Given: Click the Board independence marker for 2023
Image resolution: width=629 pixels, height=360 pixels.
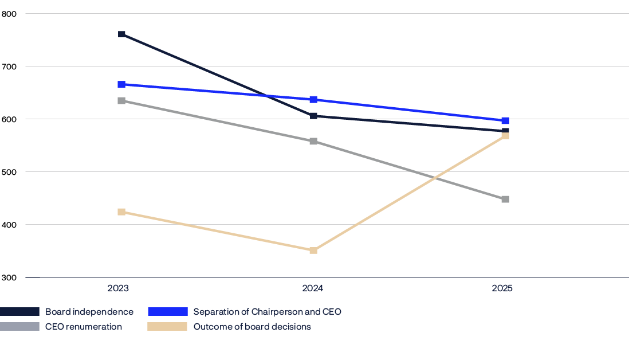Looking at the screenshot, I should pos(121,34).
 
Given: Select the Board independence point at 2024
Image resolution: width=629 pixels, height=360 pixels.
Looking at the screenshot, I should pos(313,116).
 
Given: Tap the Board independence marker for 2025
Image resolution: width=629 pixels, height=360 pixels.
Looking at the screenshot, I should pos(505,131).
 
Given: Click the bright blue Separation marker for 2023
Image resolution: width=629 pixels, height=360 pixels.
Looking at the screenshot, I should pos(121,84).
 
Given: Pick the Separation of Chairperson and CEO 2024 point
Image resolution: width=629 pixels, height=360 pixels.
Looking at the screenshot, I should pos(313,100).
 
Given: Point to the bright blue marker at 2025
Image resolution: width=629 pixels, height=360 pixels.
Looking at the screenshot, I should pos(505,120).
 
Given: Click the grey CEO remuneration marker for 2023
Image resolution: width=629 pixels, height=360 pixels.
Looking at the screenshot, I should pos(121,101).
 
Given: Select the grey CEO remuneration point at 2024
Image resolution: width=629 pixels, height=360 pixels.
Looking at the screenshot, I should pos(313,141).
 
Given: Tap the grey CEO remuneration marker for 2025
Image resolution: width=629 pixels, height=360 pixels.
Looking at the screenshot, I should pos(505,199).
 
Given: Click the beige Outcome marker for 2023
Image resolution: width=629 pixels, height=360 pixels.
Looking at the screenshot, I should pos(121,212).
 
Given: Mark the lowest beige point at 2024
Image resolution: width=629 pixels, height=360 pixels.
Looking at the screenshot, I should pos(313,251).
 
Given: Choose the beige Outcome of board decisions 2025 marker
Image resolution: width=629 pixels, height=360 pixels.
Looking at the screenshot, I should pos(505,136).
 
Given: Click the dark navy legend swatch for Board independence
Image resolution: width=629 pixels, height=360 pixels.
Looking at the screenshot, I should pos(19,312).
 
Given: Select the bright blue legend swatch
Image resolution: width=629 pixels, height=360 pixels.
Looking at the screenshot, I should pos(167,312).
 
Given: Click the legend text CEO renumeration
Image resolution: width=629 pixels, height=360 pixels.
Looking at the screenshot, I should pos(84,327).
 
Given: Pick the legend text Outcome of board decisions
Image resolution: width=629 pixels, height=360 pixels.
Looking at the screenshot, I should pos(252,327).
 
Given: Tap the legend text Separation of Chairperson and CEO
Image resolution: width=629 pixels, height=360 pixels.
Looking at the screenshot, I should pos(267,312).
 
